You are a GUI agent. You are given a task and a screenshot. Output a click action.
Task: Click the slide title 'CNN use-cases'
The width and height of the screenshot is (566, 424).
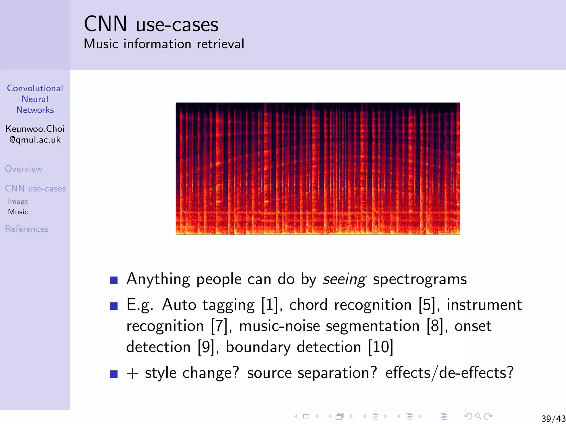pos(151,24)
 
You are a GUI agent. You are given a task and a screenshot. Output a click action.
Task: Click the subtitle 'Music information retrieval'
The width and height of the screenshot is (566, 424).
pos(164,44)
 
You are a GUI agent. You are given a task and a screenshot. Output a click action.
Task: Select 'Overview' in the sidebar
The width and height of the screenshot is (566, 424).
pos(23,169)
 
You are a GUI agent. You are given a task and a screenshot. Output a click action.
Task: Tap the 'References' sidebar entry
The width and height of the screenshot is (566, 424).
pos(27,229)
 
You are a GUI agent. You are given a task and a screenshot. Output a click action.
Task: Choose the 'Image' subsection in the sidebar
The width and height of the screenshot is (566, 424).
pos(18,202)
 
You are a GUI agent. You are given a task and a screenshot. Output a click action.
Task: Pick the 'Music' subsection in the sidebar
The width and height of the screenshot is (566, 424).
pos(18,212)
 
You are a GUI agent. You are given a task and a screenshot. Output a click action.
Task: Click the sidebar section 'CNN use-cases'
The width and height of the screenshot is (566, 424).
pos(35,189)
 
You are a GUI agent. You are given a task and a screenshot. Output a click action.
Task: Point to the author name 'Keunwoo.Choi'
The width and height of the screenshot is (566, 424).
pos(35,129)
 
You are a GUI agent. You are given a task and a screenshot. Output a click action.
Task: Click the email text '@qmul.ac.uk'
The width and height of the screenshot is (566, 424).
pos(35,140)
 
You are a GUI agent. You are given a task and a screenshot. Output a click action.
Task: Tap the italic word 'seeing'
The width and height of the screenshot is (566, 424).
pos(345,279)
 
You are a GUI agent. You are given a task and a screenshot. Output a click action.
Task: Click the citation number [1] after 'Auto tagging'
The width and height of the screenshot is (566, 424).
pos(270,305)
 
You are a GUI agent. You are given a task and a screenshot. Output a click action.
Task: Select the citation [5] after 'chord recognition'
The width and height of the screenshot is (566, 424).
pos(427,305)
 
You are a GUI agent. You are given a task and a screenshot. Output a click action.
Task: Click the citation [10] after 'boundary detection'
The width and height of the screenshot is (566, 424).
pos(381,347)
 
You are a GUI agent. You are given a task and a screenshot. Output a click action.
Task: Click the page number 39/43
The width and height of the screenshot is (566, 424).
pos(553,418)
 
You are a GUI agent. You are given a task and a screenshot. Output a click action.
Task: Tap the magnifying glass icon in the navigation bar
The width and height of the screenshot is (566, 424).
pos(478,416)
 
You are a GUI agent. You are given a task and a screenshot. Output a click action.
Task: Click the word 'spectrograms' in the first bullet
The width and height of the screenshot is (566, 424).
pos(420,279)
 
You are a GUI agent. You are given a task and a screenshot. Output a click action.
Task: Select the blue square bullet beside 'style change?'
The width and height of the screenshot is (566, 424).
pos(114,374)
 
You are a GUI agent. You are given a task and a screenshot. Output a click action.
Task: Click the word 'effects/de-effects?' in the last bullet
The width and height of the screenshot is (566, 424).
pos(449,373)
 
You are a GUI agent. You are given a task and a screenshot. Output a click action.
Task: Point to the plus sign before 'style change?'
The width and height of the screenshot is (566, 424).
pos(132,374)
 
